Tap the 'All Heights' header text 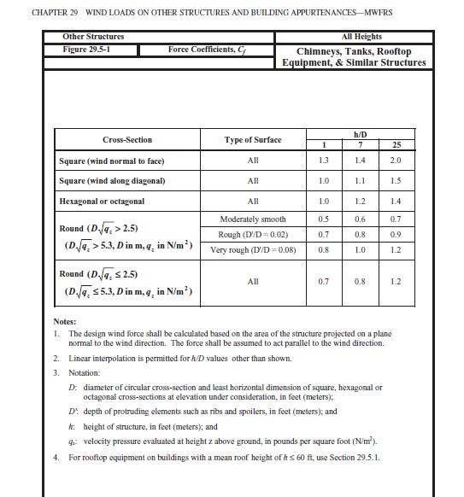361,37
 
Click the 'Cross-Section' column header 127,139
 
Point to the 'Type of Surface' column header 253,139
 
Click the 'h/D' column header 360,133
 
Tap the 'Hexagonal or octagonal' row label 102,202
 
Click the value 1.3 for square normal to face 323,161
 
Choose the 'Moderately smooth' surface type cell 253,219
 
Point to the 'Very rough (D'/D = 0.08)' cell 253,251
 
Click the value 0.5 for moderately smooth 323,219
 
